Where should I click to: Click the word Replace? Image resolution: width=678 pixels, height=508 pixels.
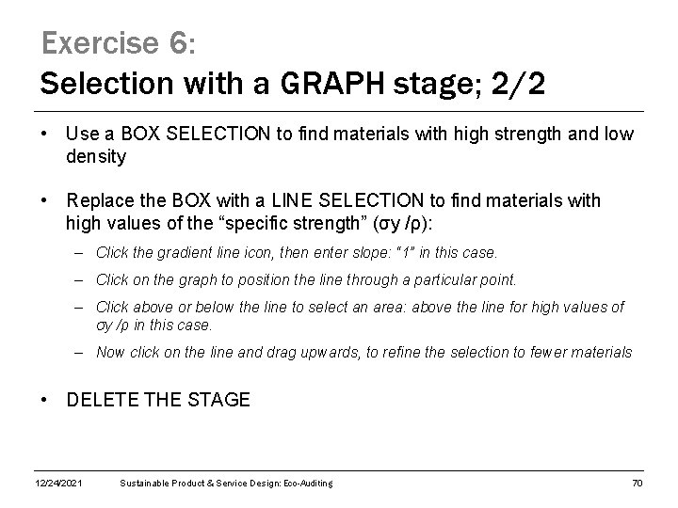point(99,200)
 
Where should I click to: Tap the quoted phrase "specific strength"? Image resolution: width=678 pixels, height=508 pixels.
point(316,223)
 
